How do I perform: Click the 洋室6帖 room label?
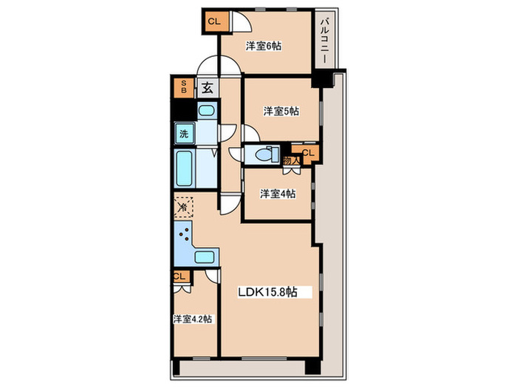point(264,47)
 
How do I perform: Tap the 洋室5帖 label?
point(281,112)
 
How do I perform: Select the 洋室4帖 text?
point(277,194)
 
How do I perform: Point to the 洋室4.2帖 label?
point(193,319)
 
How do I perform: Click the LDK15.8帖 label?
point(267,292)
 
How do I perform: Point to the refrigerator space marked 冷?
point(183,207)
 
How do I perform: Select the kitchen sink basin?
point(205,257)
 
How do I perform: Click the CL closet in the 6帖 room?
point(213,21)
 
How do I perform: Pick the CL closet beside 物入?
point(308,153)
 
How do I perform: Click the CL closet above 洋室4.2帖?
point(179,276)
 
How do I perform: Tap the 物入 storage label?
point(291,160)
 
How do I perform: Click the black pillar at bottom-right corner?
point(312,367)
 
